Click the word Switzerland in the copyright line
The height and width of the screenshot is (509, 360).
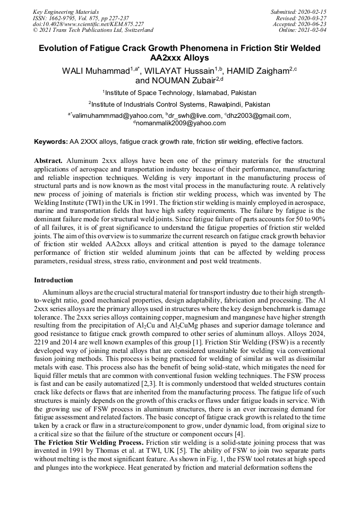[x=136, y=30]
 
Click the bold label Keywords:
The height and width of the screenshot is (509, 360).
[x=51, y=142]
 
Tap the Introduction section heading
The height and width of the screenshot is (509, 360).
[x=54, y=280]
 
